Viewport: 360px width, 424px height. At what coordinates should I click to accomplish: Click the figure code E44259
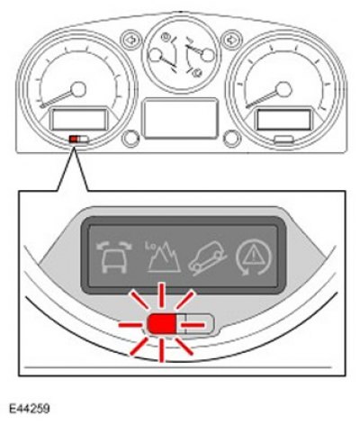click(29, 409)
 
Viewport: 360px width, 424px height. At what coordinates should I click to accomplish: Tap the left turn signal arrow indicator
click(131, 40)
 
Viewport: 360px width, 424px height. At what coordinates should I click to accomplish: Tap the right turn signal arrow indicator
click(231, 40)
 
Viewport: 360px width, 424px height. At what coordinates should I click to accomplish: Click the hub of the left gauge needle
click(78, 89)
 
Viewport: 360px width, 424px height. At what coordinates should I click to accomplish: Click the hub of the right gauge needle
click(283, 89)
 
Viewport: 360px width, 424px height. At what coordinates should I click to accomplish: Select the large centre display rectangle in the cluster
click(180, 118)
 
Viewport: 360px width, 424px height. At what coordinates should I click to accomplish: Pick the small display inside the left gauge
click(79, 120)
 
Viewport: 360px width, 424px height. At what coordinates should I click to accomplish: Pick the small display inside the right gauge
click(283, 120)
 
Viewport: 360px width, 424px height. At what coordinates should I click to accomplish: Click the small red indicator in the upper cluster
click(74, 139)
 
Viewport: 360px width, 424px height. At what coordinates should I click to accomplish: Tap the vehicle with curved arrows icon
click(114, 257)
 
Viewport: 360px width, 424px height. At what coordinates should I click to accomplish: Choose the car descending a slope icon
click(208, 257)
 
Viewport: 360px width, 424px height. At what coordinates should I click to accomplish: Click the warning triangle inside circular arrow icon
click(254, 257)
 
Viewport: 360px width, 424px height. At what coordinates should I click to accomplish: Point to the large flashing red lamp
click(162, 324)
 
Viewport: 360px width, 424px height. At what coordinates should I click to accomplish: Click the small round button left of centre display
click(130, 139)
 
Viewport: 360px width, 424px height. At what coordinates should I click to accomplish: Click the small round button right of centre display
click(232, 139)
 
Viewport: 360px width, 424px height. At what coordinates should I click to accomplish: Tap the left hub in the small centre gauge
click(156, 55)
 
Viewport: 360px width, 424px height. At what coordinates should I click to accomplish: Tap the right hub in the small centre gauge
click(208, 55)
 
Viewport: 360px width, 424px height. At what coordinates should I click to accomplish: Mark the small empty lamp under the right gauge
click(283, 139)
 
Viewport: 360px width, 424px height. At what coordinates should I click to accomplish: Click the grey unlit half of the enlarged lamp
click(195, 324)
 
